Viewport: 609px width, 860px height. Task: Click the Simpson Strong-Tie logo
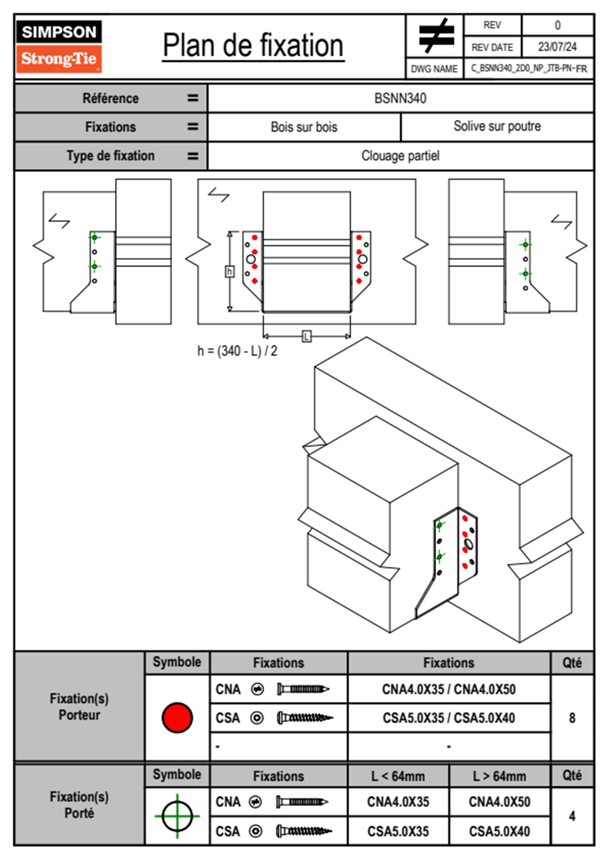[x=59, y=46]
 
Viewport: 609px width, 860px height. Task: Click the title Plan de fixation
[x=253, y=46]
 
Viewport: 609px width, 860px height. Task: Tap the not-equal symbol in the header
[x=436, y=36]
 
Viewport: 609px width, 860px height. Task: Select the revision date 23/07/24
[x=557, y=47]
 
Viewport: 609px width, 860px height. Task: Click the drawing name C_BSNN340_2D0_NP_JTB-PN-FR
[x=529, y=69]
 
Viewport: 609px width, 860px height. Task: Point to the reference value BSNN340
[x=400, y=98]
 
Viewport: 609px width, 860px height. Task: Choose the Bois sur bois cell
[x=304, y=127]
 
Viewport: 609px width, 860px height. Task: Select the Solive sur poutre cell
[x=497, y=126]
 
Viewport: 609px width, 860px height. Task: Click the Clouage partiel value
[x=400, y=155]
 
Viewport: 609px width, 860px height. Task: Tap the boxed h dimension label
[x=230, y=271]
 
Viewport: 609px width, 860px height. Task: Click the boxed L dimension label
[x=307, y=336]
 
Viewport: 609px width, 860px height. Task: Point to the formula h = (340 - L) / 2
[x=237, y=351]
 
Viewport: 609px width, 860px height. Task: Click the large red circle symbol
[x=177, y=717]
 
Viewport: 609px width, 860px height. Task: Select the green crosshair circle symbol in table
[x=177, y=816]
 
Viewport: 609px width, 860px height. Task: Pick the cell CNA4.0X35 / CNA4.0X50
[x=449, y=689]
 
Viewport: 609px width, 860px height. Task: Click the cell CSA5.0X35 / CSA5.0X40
[x=449, y=718]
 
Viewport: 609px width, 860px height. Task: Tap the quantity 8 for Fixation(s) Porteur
[x=572, y=718]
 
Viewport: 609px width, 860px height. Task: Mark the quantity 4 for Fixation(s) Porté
[x=572, y=816]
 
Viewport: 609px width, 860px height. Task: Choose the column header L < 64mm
[x=398, y=776]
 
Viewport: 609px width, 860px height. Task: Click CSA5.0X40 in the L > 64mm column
[x=499, y=831]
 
